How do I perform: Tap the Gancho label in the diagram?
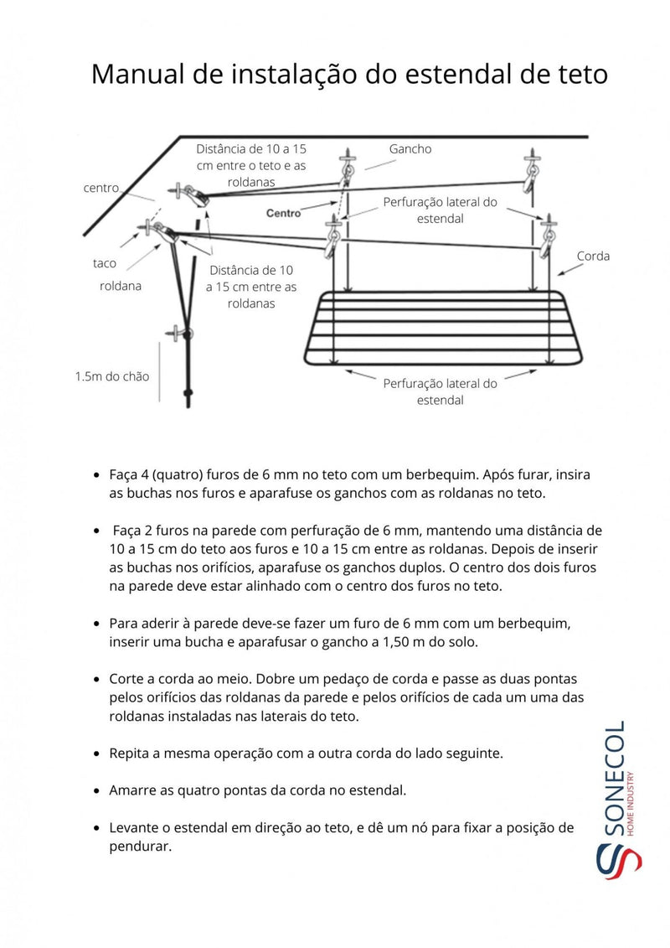[x=410, y=148]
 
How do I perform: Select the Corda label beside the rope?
[x=593, y=256]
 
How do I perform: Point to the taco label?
[x=104, y=263]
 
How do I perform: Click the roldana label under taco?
[x=116, y=286]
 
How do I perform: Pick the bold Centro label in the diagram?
[x=283, y=214]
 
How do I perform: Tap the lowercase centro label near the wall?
[x=100, y=188]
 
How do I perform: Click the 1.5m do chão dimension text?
[x=112, y=376]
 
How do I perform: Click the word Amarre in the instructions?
[x=133, y=790]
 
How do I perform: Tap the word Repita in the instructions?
[x=130, y=753]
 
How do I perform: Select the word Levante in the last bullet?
[x=134, y=827]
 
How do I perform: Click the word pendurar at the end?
[x=140, y=847]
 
